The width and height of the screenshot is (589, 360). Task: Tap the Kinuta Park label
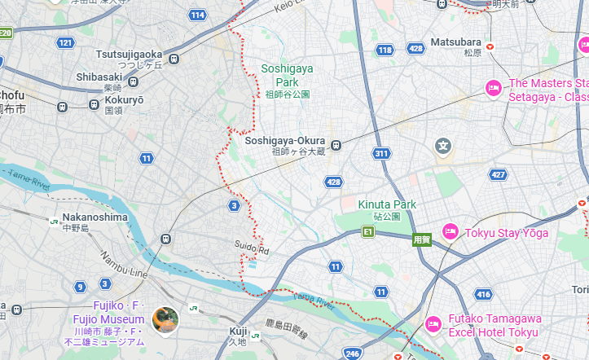[387, 204]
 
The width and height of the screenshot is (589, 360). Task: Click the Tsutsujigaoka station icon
[174, 59]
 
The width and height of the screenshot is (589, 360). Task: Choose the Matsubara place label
[455, 42]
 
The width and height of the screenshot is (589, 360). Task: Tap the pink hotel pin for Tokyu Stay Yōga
[448, 232]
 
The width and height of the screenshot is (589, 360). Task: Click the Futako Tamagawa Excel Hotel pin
[433, 325]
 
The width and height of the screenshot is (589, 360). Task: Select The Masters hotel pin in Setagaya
[493, 88]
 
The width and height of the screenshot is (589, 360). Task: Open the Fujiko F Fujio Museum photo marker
[165, 318]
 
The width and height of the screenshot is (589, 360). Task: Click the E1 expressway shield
[368, 233]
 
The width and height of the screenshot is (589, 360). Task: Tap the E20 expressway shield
[6, 33]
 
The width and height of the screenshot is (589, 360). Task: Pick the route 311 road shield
[380, 153]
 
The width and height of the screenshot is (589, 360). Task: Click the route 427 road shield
[498, 174]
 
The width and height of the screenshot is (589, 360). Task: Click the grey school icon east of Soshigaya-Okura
[443, 147]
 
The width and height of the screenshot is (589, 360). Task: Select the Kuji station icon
[255, 335]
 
